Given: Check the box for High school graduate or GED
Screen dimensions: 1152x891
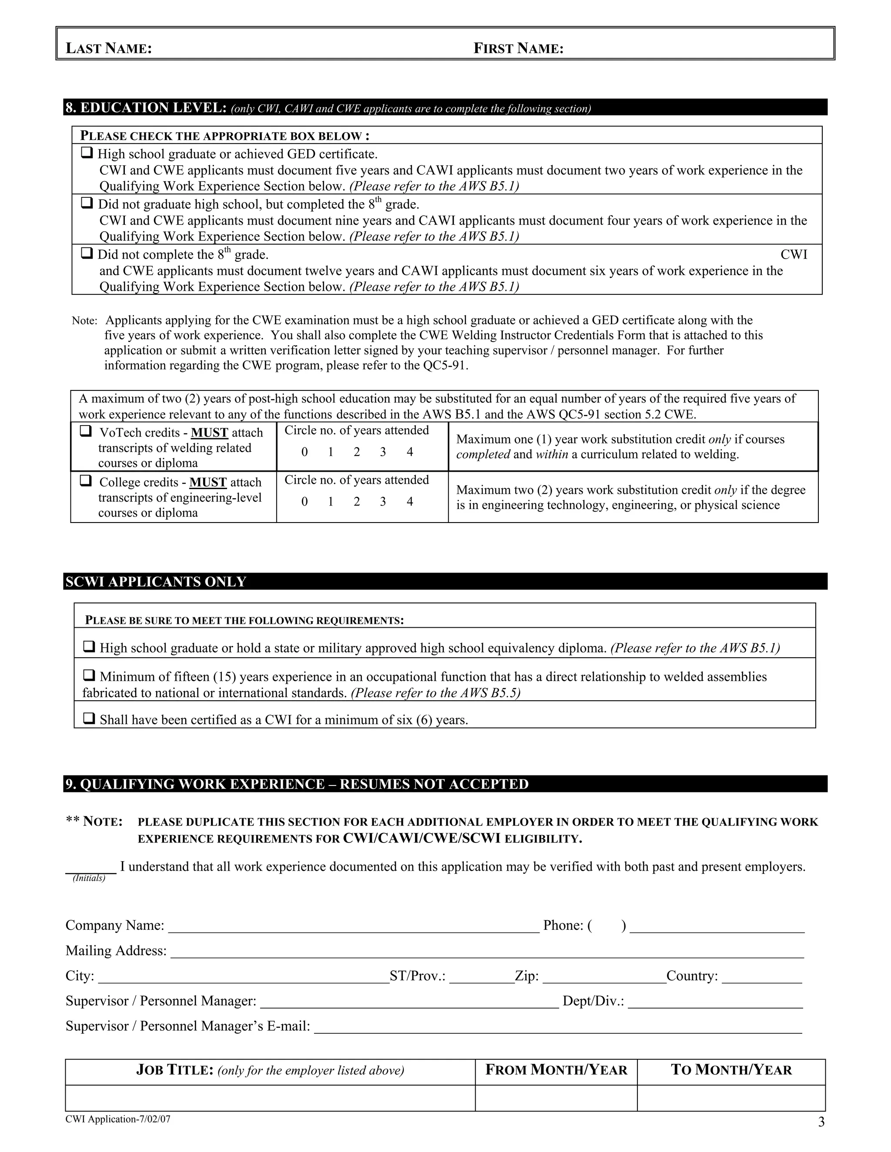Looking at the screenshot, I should [87, 153].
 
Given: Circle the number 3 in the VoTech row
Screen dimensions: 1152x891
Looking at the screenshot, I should [383, 452].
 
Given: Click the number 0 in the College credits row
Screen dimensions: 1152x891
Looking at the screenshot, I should [305, 502].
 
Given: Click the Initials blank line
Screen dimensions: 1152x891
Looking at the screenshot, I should [91, 868].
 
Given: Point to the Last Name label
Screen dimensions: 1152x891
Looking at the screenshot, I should [109, 49].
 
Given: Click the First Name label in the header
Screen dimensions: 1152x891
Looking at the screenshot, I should [518, 49].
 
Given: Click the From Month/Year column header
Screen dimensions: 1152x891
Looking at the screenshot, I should [556, 1070].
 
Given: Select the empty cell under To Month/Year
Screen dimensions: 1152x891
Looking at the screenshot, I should [731, 1098].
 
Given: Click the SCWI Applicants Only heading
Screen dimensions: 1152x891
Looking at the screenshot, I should [156, 581].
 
